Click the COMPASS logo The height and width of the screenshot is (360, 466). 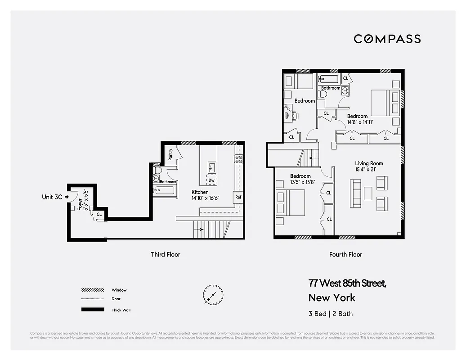pyautogui.click(x=387, y=39)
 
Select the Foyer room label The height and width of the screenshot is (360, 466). pyautogui.click(x=80, y=205)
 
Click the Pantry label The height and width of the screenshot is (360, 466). pyautogui.click(x=170, y=154)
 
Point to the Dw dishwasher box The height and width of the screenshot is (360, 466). pyautogui.click(x=211, y=180)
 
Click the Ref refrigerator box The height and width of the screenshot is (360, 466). pyautogui.click(x=238, y=197)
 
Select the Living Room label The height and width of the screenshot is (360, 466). pyautogui.click(x=369, y=163)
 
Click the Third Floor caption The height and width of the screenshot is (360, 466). pyautogui.click(x=166, y=254)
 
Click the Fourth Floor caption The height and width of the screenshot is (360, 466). pyautogui.click(x=345, y=254)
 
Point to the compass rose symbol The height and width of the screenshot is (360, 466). pyautogui.click(x=213, y=295)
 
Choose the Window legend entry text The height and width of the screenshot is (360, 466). pyautogui.click(x=119, y=290)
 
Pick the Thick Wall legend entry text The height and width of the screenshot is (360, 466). pyautogui.click(x=121, y=310)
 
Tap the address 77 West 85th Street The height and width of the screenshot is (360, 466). pyautogui.click(x=347, y=283)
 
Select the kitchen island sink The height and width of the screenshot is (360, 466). pyautogui.click(x=212, y=167)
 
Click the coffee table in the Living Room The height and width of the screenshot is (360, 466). pyautogui.click(x=368, y=193)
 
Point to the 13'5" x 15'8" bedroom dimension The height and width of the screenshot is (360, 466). pyautogui.click(x=300, y=182)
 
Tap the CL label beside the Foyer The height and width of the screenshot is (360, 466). pyautogui.click(x=99, y=215)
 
